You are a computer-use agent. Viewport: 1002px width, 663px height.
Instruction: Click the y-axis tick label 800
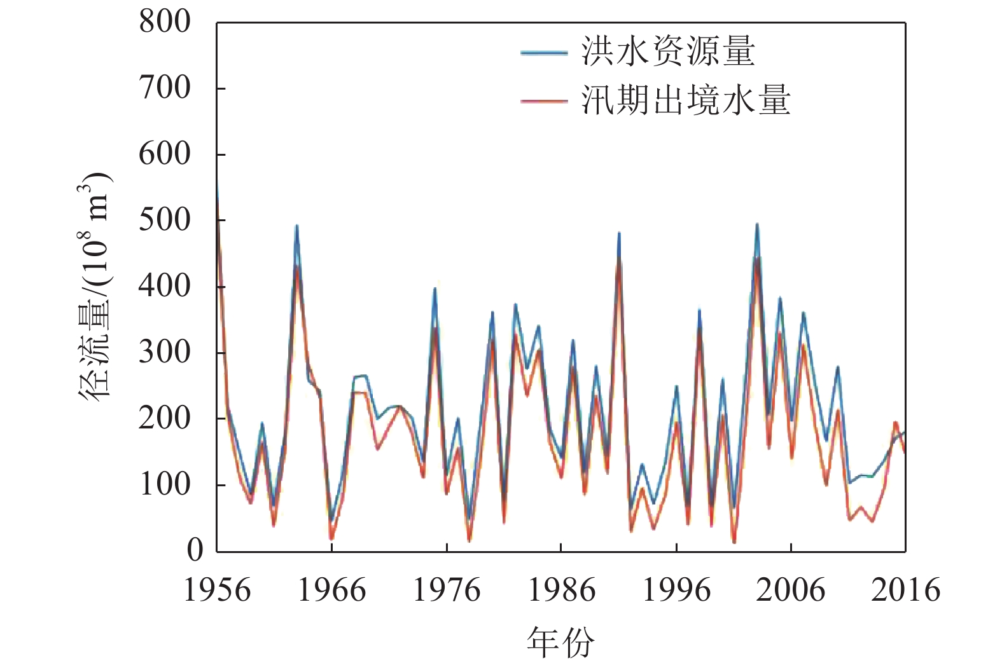click(165, 22)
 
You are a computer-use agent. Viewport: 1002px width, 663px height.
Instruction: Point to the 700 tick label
click(165, 88)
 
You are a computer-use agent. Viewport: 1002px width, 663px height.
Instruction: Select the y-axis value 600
click(165, 154)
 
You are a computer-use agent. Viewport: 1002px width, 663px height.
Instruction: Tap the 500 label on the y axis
click(165, 221)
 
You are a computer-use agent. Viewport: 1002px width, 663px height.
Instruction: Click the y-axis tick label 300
click(165, 353)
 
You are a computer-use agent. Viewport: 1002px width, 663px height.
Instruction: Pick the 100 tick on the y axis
click(165, 485)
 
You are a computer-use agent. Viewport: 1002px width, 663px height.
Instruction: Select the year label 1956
click(217, 591)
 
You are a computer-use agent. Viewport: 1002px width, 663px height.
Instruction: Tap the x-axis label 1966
click(331, 591)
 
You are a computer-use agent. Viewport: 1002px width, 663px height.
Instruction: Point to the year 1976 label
click(447, 591)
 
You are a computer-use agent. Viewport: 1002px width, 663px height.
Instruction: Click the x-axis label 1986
click(561, 591)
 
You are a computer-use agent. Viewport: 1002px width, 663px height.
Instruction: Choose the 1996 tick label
click(676, 591)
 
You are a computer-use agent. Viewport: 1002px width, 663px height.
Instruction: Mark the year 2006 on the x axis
click(790, 591)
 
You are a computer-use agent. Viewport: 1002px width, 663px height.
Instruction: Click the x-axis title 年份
click(560, 642)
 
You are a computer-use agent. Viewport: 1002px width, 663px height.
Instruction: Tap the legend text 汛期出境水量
click(686, 100)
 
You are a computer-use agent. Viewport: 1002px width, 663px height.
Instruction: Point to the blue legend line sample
click(544, 53)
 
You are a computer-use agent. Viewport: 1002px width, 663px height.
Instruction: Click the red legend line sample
click(544, 101)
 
